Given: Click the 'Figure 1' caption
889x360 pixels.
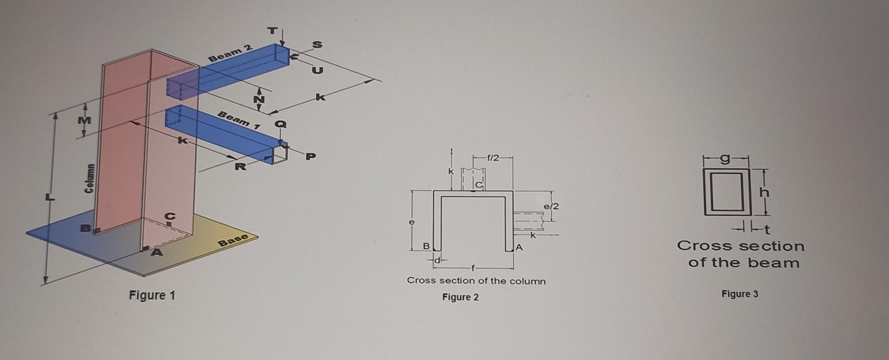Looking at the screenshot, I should tap(152, 295).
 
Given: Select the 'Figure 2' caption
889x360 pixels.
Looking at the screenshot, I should tap(460, 297).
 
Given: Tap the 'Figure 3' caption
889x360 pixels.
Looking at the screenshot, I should tap(739, 294).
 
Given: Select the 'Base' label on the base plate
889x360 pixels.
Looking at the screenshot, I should tap(233, 240).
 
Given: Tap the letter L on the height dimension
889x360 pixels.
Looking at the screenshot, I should tap(48, 198).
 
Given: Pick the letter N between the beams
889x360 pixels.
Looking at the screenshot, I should tap(259, 99).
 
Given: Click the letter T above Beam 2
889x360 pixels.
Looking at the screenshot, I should tap(273, 31).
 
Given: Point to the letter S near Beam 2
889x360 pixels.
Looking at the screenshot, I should tap(317, 45).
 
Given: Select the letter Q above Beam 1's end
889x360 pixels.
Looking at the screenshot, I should tap(281, 124).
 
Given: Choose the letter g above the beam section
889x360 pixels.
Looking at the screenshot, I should tap(726, 159).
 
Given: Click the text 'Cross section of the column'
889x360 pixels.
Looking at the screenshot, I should tap(476, 281).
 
